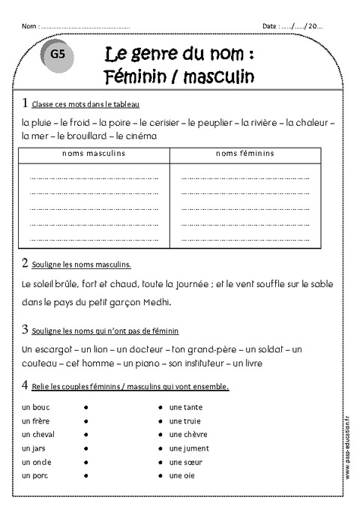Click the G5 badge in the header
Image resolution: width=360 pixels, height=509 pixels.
[x=58, y=55]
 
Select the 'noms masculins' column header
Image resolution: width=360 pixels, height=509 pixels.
[x=94, y=153]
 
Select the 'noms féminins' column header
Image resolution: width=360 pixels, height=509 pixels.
[x=245, y=153]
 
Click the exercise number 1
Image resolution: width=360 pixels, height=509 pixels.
[x=25, y=103]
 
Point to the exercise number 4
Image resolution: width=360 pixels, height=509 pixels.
[x=25, y=385]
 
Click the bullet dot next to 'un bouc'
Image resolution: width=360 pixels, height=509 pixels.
[x=87, y=406]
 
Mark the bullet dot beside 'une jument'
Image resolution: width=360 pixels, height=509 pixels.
[x=160, y=448]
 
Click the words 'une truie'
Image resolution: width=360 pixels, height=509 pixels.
[x=184, y=420]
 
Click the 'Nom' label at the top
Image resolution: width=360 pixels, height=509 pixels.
[x=28, y=25]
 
